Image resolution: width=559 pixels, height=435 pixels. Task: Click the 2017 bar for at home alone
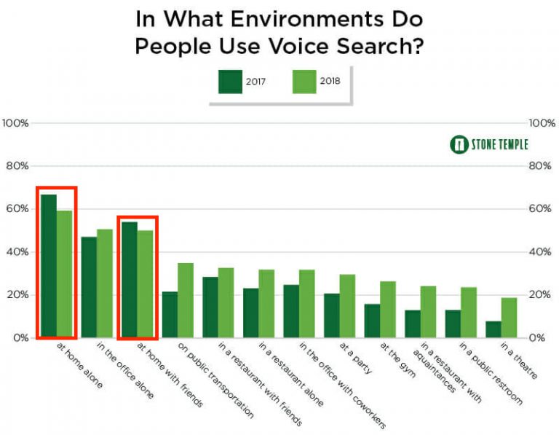[x=49, y=266]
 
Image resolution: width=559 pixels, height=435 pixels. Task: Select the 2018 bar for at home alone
[x=65, y=274]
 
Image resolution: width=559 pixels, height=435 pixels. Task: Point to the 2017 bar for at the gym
[x=372, y=321]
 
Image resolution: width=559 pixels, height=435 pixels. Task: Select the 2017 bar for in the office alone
[x=89, y=287]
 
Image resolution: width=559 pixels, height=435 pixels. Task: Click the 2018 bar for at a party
[x=347, y=306]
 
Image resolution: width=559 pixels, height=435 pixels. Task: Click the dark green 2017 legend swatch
[x=230, y=81]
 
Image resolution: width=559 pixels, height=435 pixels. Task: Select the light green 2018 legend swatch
[x=304, y=81]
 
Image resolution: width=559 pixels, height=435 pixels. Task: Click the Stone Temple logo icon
[x=459, y=144]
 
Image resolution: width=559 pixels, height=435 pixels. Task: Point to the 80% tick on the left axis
[x=15, y=166]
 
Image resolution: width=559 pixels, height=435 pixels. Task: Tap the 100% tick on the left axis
[x=15, y=123]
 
